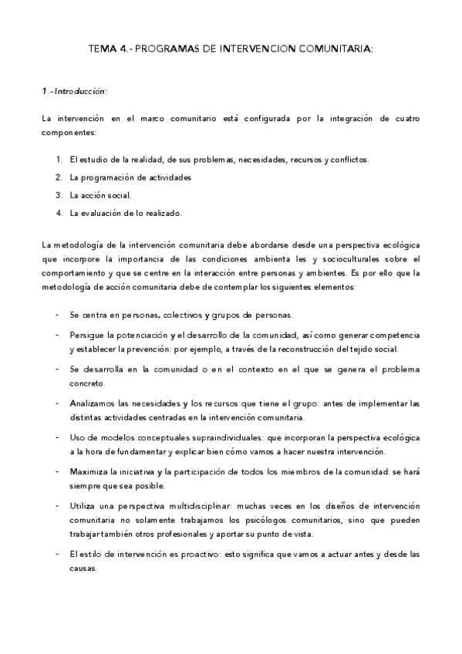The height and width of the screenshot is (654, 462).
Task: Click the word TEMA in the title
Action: click(x=103, y=49)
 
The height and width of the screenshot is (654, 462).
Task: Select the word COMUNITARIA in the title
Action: click(x=334, y=49)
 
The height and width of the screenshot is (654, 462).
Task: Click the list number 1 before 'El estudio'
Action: click(x=59, y=160)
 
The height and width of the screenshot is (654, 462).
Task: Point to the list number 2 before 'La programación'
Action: click(x=59, y=177)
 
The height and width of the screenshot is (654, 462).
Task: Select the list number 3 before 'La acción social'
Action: click(x=59, y=195)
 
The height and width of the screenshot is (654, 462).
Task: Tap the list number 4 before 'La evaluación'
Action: click(x=59, y=213)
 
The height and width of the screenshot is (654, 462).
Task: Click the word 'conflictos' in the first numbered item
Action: click(x=349, y=160)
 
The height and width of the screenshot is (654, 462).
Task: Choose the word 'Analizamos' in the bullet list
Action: click(x=91, y=403)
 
